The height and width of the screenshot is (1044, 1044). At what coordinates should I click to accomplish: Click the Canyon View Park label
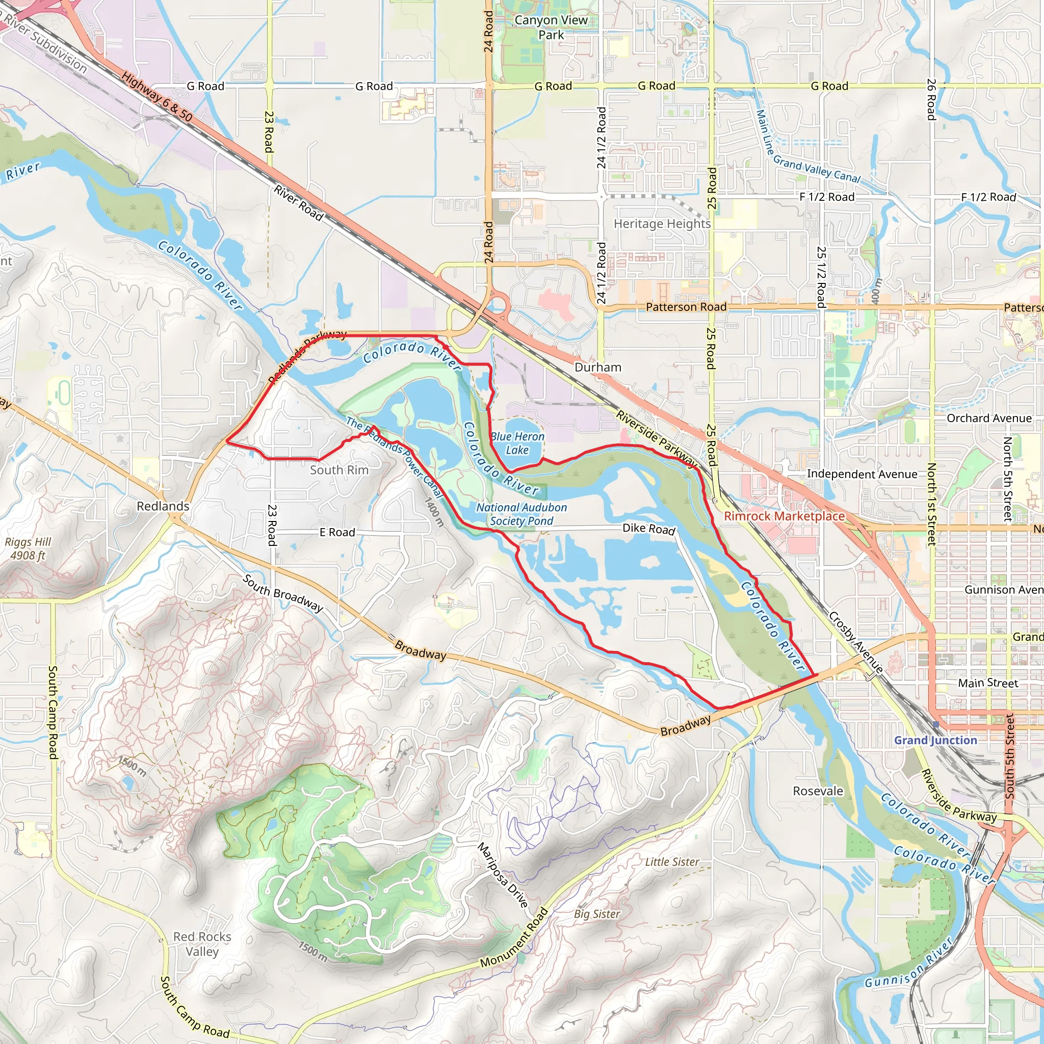pyautogui.click(x=551, y=28)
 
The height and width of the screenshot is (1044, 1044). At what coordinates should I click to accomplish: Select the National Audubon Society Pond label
pyautogui.click(x=521, y=514)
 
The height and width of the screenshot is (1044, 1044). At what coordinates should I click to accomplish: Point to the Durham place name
pyautogui.click(x=597, y=368)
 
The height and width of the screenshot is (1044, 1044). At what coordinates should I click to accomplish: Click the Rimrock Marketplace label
pyautogui.click(x=784, y=516)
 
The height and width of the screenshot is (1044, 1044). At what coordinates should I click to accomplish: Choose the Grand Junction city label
pyautogui.click(x=935, y=740)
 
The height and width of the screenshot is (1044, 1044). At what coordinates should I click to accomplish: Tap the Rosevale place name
pyautogui.click(x=818, y=791)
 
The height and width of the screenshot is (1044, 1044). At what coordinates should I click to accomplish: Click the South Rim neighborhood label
pyautogui.click(x=340, y=470)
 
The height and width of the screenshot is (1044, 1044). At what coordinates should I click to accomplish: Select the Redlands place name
pyautogui.click(x=163, y=506)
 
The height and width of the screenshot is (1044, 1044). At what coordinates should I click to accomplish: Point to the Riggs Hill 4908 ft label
pyautogui.click(x=28, y=549)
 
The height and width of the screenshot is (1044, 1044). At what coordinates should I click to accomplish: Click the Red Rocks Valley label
pyautogui.click(x=202, y=944)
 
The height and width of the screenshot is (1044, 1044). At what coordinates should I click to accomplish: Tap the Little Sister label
pyautogui.click(x=672, y=862)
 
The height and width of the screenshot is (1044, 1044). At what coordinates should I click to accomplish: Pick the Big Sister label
pyautogui.click(x=596, y=914)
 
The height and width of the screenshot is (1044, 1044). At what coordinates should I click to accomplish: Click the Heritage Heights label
pyautogui.click(x=662, y=224)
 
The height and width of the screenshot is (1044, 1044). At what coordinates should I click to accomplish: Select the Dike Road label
pyautogui.click(x=649, y=529)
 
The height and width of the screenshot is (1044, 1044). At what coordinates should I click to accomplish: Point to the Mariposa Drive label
pyautogui.click(x=503, y=875)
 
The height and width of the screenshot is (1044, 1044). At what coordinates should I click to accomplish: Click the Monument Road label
pyautogui.click(x=514, y=938)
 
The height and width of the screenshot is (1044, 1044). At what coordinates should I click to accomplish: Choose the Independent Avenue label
pyautogui.click(x=862, y=474)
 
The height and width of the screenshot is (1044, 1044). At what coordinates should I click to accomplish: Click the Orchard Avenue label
pyautogui.click(x=989, y=418)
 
